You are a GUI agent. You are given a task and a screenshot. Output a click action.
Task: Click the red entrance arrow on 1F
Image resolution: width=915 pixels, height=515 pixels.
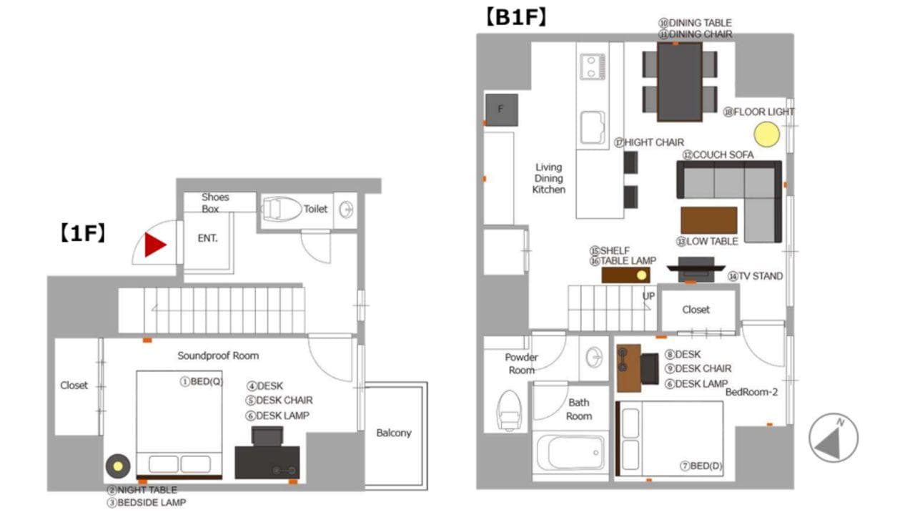[x=154, y=245]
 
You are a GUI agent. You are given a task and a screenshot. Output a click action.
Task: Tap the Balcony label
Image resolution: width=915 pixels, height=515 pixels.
[x=393, y=433]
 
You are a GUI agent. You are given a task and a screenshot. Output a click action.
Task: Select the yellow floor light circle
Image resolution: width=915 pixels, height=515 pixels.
[x=767, y=134]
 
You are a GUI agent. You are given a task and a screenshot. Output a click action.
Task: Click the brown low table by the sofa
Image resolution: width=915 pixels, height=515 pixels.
[x=708, y=220]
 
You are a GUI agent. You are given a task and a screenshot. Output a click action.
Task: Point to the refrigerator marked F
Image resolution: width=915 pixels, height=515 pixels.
[x=502, y=110]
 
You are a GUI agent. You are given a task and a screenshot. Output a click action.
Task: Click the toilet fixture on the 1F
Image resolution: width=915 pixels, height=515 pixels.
[x=281, y=210]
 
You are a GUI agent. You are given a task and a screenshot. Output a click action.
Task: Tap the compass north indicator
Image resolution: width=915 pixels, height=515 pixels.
[x=833, y=438]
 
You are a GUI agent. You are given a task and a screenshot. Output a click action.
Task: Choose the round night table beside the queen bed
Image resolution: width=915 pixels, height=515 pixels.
[x=118, y=466]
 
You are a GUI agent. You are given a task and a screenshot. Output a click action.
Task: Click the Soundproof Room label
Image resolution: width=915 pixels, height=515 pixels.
[x=218, y=355]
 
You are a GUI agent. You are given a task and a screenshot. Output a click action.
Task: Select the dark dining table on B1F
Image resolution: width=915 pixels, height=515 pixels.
[x=680, y=82]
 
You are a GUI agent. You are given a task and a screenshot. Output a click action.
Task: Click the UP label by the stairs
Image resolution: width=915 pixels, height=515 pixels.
[x=648, y=296]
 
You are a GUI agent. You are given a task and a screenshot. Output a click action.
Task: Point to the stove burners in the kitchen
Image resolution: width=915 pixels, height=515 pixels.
[x=593, y=67]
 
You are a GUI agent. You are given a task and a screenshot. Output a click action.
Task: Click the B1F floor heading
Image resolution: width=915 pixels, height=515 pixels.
[x=516, y=17]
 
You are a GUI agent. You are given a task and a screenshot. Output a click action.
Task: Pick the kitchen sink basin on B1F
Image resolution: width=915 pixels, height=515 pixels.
[x=593, y=127]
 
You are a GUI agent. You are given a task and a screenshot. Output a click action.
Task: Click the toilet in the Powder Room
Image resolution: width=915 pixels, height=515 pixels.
[x=509, y=411]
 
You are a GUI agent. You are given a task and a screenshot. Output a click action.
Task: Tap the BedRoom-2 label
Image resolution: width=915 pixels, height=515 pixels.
[x=751, y=392]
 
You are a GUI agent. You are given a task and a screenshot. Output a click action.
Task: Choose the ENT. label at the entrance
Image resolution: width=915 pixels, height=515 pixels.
[x=207, y=238]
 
